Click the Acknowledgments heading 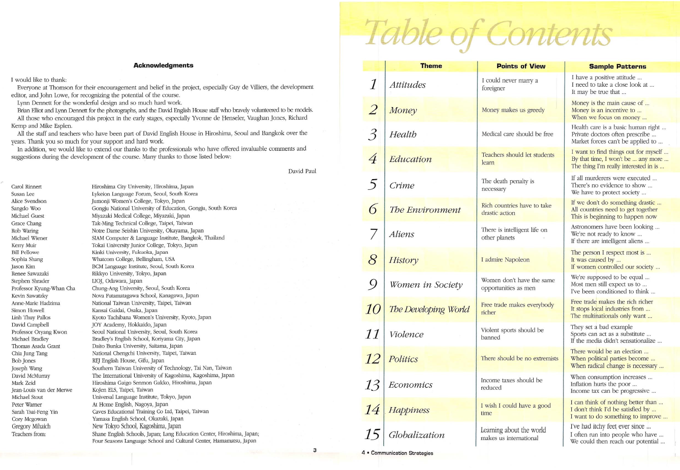(163, 65)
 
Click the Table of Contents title (488, 33)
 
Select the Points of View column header (520, 66)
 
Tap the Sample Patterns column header (617, 66)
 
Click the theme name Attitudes (408, 85)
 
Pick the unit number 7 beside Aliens (373, 234)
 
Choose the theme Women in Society (426, 285)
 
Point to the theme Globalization (416, 435)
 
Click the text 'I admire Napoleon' (505, 260)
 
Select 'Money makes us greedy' (513, 110)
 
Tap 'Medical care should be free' (517, 134)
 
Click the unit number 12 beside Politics (373, 359)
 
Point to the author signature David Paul (302, 171)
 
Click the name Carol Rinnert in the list (26, 187)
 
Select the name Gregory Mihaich (31, 426)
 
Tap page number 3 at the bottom (315, 450)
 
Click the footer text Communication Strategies (401, 453)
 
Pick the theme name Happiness (409, 410)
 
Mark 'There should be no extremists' (519, 358)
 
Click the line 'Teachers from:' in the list (28, 434)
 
